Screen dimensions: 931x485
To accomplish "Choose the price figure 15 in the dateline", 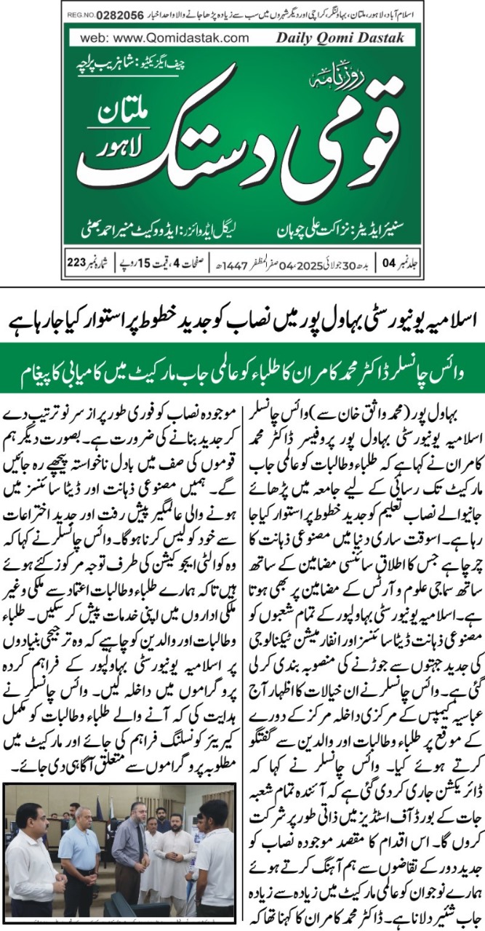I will tap(143, 261).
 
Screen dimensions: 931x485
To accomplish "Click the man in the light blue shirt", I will tap(80, 858).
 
